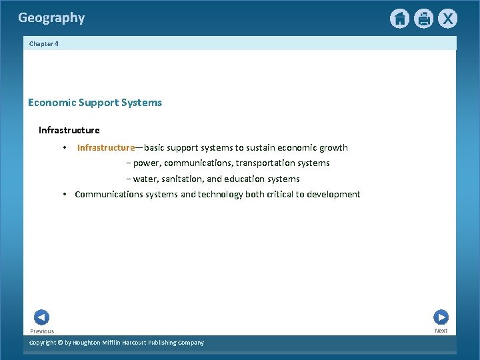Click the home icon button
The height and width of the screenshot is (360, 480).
[x=399, y=19]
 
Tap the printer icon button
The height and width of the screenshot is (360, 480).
[x=423, y=19]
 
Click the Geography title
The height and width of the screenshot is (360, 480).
[x=51, y=18]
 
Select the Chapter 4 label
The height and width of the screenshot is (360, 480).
[x=44, y=43]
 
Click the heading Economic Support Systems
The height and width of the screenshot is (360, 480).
[x=95, y=103]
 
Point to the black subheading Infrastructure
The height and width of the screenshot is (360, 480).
[x=69, y=130]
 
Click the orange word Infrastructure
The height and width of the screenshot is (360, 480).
[x=106, y=147]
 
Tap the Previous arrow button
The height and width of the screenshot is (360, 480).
[x=41, y=317]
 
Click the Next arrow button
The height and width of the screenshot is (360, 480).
[x=441, y=317]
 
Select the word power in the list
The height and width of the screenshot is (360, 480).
[x=146, y=163]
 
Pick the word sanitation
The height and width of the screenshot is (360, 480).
[x=187, y=179]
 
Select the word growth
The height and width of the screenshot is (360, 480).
[x=333, y=147]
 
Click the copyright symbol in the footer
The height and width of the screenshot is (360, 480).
[x=60, y=343]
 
